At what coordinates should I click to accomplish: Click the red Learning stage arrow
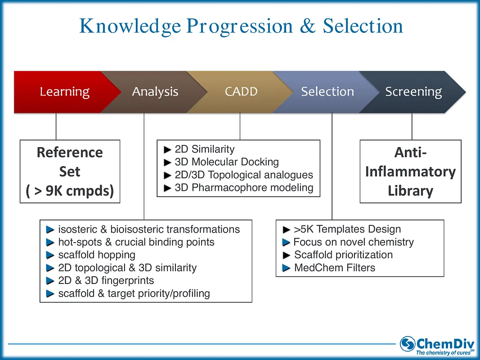tap(64, 92)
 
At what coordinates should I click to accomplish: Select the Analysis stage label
tap(155, 92)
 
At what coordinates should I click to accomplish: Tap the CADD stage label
tap(241, 92)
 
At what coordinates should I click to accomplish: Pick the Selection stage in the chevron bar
tap(327, 92)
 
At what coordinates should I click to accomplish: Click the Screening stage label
tap(413, 92)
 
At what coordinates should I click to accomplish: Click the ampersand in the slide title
tap(307, 26)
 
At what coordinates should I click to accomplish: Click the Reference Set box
tap(70, 171)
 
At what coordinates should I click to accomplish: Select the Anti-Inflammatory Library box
tap(410, 171)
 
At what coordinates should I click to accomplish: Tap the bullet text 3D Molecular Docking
tap(227, 162)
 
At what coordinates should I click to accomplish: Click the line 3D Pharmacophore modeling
tap(244, 188)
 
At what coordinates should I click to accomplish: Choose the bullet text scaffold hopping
tap(97, 255)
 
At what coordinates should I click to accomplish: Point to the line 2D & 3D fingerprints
tap(106, 281)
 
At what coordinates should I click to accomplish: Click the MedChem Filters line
tap(334, 268)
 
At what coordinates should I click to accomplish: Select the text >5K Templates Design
tap(347, 229)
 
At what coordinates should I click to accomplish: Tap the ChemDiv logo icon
tap(408, 344)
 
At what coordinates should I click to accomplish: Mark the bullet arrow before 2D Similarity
tap(168, 149)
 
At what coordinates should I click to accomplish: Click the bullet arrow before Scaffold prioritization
tap(287, 255)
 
